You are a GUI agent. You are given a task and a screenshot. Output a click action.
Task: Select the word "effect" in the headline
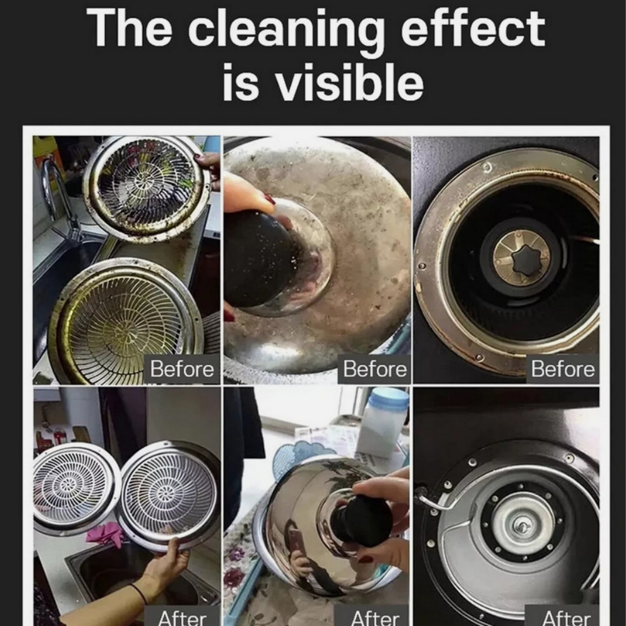(473, 28)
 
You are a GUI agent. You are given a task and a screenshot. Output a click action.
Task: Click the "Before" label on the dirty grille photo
(182, 369)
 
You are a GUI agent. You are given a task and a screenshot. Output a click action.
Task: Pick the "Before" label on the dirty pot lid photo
(375, 369)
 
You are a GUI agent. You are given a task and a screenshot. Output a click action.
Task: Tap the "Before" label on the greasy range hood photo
(563, 369)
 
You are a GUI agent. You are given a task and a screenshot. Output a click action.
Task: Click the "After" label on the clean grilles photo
(182, 618)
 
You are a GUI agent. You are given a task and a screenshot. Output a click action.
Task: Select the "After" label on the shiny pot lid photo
(375, 618)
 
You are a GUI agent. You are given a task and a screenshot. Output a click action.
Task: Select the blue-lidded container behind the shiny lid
(382, 423)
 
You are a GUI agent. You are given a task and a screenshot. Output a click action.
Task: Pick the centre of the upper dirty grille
(145, 182)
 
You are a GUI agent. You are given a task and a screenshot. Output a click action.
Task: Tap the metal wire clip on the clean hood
(435, 499)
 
